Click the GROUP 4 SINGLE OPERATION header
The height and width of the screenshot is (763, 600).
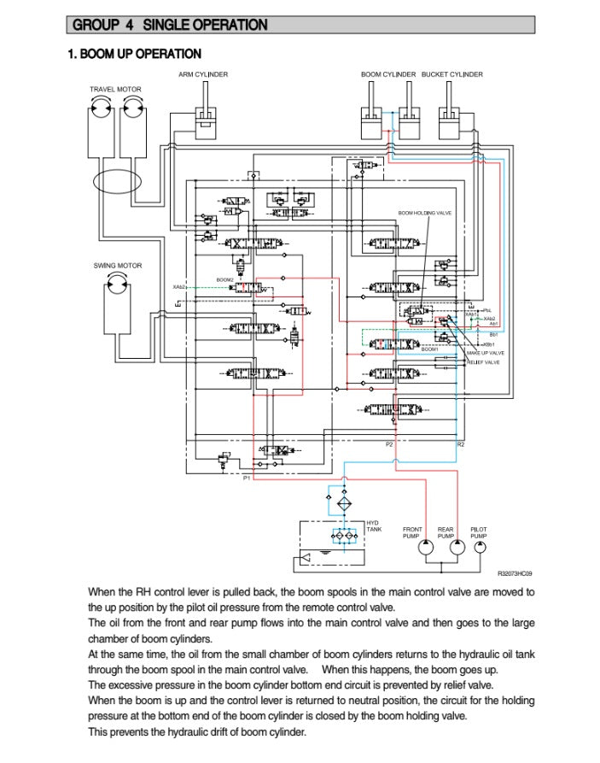coord(170,26)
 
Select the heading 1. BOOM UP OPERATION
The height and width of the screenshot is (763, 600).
coord(134,55)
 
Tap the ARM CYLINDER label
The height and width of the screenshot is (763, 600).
coord(203,75)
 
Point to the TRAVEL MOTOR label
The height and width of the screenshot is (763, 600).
coord(115,89)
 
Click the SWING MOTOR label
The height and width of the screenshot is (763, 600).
coord(118,266)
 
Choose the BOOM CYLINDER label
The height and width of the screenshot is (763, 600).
coord(388,75)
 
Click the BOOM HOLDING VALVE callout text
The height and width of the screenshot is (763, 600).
coord(424,213)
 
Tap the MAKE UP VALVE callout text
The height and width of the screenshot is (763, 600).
coord(485,353)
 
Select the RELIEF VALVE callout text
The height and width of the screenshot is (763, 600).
coord(483,362)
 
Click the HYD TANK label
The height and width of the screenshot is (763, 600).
coord(374,526)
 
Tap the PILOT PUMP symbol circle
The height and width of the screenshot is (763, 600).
coord(481,549)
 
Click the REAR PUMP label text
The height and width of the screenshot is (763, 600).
coord(446,532)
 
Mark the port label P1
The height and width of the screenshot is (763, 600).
coord(246,478)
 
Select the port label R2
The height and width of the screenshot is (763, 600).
coord(461,444)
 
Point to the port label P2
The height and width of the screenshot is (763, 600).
coord(389,444)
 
